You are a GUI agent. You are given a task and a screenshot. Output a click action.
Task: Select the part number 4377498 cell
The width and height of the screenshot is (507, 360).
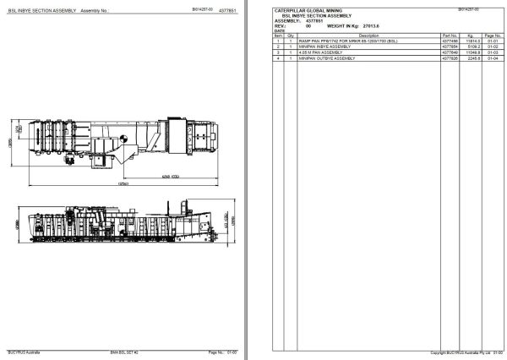point(449,40)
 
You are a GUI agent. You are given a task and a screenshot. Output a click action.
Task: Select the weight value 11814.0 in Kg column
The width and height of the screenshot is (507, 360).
point(473,40)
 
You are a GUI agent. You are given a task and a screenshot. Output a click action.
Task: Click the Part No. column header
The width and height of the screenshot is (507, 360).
point(449,35)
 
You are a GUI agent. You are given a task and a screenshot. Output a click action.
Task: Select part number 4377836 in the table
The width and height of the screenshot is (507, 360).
point(449,58)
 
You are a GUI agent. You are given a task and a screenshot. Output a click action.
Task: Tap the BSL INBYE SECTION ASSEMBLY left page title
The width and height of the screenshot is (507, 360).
point(42,10)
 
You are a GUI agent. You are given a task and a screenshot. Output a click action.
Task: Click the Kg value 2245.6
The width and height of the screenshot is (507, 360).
point(473,58)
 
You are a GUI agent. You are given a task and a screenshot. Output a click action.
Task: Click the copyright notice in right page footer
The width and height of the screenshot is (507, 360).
point(460,352)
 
